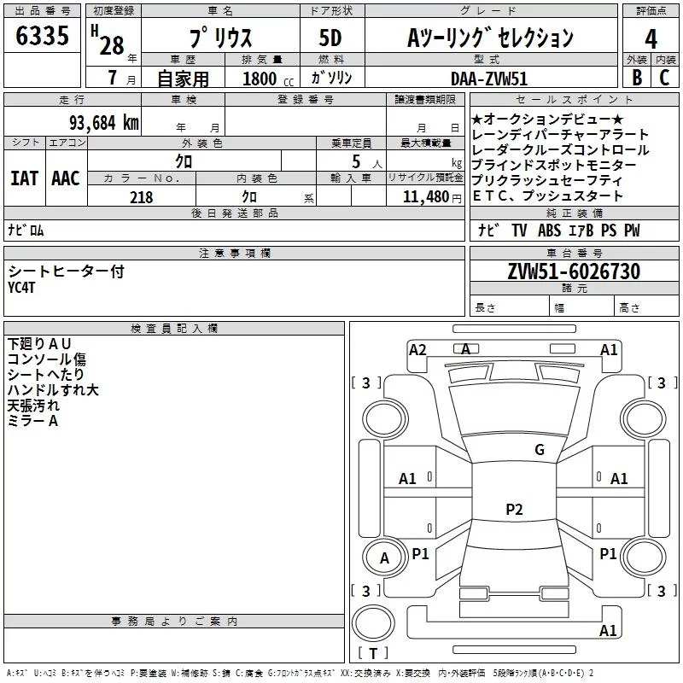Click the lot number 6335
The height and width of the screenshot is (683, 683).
(x=42, y=35)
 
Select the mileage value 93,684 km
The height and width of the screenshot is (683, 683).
(x=103, y=123)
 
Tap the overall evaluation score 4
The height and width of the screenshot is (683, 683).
(x=651, y=38)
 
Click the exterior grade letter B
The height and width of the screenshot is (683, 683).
(x=637, y=78)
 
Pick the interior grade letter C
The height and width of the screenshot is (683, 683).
(x=665, y=78)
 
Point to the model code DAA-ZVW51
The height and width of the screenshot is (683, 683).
(x=489, y=79)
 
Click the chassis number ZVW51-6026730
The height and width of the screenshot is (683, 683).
(x=574, y=271)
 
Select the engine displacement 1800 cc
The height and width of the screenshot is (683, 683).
(x=268, y=79)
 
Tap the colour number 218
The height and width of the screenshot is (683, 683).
(x=141, y=197)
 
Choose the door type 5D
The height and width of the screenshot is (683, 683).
(x=330, y=38)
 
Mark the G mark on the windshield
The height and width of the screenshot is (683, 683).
(x=540, y=449)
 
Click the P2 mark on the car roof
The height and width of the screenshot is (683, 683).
(x=514, y=509)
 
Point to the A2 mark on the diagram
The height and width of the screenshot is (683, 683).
(x=417, y=350)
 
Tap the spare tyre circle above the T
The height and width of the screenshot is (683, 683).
(x=373, y=623)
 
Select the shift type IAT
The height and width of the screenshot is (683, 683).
(x=25, y=178)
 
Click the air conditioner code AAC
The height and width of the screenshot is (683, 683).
(x=66, y=178)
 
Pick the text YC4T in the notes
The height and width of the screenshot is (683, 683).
(x=21, y=288)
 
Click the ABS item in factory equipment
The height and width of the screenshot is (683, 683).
(x=549, y=231)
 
